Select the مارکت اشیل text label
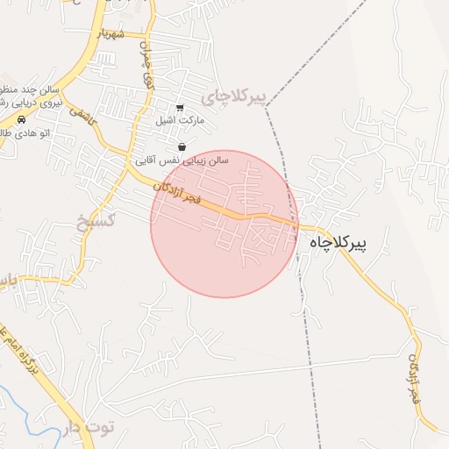point(180,118)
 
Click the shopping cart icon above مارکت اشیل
point(180,107)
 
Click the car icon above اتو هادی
point(21,119)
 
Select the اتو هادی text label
point(18,132)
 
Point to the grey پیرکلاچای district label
point(234,96)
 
